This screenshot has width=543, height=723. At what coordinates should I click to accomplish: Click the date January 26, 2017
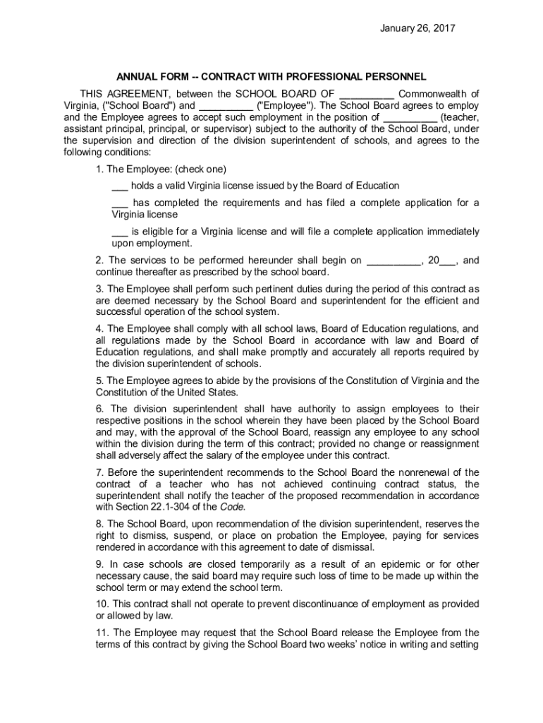(417, 28)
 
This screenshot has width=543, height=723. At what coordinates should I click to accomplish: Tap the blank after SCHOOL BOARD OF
(366, 94)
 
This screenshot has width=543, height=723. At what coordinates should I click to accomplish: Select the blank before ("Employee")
(221, 106)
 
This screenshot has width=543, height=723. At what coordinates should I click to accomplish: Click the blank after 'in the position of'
(408, 117)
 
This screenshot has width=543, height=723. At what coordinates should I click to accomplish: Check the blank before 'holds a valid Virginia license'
(119, 186)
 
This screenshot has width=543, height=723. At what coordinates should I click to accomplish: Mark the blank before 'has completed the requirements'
(119, 203)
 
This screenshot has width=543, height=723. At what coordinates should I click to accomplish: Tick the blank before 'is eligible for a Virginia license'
(119, 232)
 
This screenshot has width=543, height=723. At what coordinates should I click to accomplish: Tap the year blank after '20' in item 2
(447, 261)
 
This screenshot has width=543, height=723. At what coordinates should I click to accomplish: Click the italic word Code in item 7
(232, 507)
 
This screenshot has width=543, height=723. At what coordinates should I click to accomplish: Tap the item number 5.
(99, 381)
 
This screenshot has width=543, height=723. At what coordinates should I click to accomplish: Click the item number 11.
(102, 633)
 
